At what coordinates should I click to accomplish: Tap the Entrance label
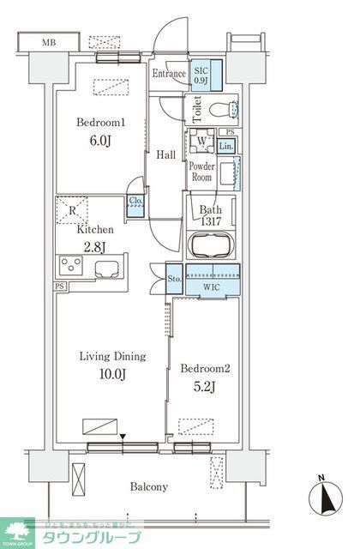(x=169, y=75)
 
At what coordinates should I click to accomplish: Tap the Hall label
(x=165, y=154)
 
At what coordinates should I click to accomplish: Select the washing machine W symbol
(x=201, y=142)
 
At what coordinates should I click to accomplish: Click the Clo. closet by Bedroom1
(x=135, y=203)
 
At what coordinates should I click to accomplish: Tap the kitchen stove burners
(x=69, y=266)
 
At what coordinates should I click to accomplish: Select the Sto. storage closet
(x=172, y=278)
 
